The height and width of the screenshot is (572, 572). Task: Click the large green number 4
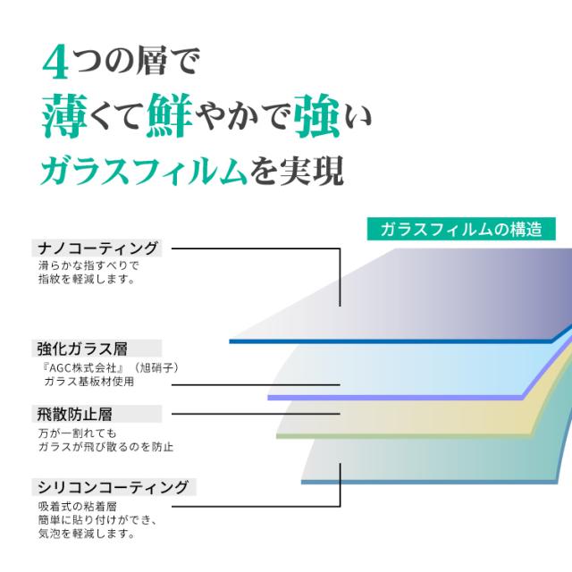pyautogui.click(x=55, y=62)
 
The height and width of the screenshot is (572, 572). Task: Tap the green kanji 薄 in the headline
pyautogui.click(x=64, y=115)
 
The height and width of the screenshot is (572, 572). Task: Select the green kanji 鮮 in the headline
pyautogui.click(x=170, y=115)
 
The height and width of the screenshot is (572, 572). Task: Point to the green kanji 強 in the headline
pyautogui.click(x=316, y=115)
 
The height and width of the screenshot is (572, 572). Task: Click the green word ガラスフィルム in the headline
pyautogui.click(x=143, y=172)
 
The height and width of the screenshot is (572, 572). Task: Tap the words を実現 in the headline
pyautogui.click(x=297, y=172)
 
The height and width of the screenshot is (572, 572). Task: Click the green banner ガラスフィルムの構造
pyautogui.click(x=461, y=229)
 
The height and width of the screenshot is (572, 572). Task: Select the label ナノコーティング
pyautogui.click(x=97, y=248)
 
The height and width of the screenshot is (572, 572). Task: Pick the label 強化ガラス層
pyautogui.click(x=82, y=349)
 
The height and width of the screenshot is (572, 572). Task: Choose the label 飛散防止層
pyautogui.click(x=74, y=414)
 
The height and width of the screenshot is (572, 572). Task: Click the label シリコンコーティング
pyautogui.click(x=114, y=487)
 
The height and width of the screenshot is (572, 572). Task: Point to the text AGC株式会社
pyautogui.click(x=82, y=367)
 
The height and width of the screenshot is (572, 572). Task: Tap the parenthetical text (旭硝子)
pyautogui.click(x=156, y=367)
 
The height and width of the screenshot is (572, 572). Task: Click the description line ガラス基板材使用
pyautogui.click(x=89, y=382)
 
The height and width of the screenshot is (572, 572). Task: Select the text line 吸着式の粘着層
pyautogui.click(x=78, y=507)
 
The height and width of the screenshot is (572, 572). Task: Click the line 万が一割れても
pyautogui.click(x=78, y=433)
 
